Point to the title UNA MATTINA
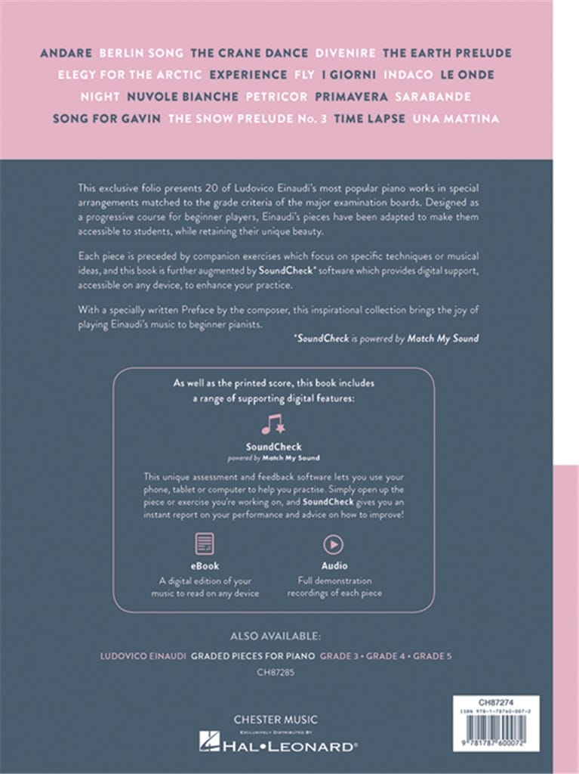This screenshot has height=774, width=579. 456,119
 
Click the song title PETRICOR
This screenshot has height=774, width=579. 276,97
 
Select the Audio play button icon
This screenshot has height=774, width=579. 331,544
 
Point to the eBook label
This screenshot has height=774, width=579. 205,566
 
